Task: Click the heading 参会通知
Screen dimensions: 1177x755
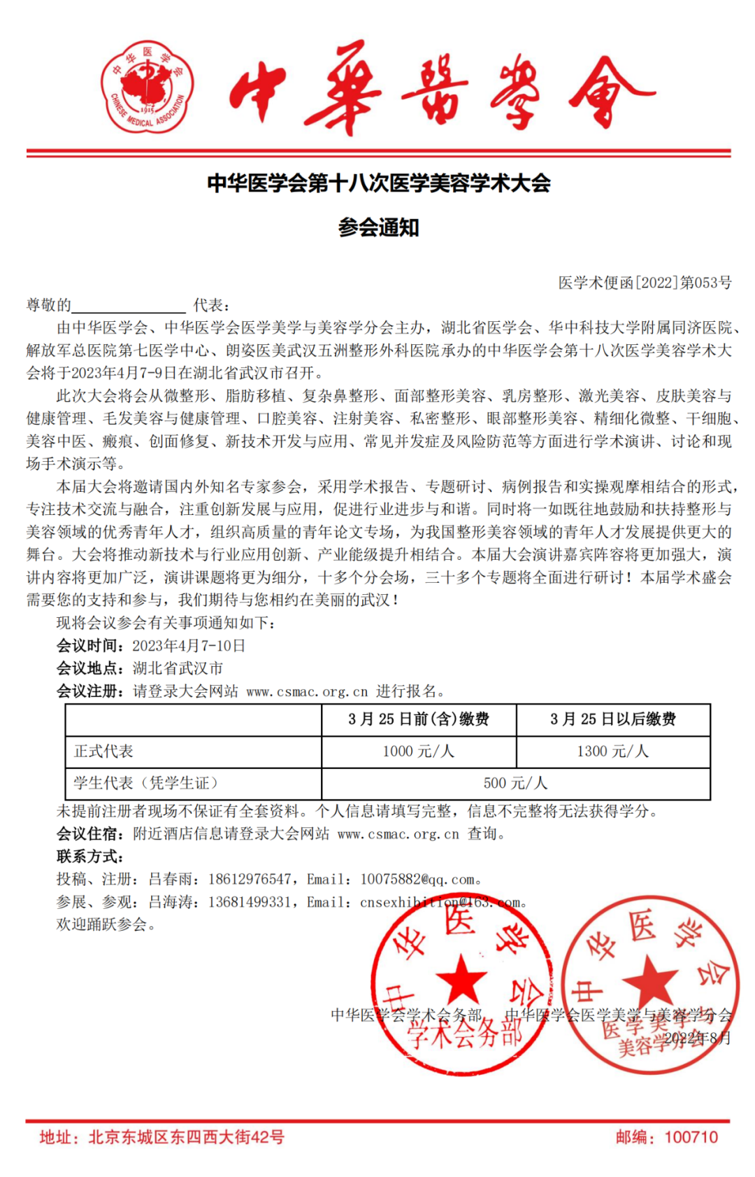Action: pyautogui.click(x=378, y=227)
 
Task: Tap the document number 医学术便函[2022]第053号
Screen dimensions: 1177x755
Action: pyautogui.click(x=645, y=283)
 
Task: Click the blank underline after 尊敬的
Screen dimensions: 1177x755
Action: pyautogui.click(x=129, y=306)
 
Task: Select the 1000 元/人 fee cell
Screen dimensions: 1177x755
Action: pyautogui.click(x=418, y=752)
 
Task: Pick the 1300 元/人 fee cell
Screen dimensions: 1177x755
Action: pyautogui.click(x=612, y=752)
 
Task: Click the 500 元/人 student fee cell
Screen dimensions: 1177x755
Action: pyautogui.click(x=515, y=783)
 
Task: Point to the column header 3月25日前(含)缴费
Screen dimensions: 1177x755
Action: pyautogui.click(x=418, y=719)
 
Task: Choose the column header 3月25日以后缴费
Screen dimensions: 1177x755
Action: pyautogui.click(x=612, y=719)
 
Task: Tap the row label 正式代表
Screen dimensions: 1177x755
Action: pyautogui.click(x=103, y=752)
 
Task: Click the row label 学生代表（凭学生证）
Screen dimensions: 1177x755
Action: pyautogui.click(x=146, y=783)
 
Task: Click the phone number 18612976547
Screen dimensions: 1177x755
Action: pyautogui.click(x=250, y=880)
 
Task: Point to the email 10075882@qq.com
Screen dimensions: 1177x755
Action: pyautogui.click(x=417, y=880)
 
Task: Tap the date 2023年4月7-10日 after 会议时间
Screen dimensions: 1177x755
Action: pyautogui.click(x=189, y=646)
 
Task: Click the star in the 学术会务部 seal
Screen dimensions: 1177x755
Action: pyautogui.click(x=461, y=978)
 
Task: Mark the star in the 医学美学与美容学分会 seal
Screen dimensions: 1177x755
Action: pyautogui.click(x=649, y=979)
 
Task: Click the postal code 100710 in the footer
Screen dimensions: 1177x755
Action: pyautogui.click(x=691, y=1137)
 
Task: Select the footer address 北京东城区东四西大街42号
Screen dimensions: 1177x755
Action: pyautogui.click(x=186, y=1137)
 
